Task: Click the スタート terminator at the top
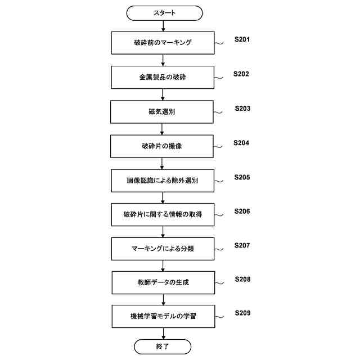click(x=164, y=12)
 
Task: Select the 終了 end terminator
click(x=163, y=346)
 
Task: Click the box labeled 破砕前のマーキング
click(x=163, y=43)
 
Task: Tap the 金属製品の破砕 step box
click(x=163, y=77)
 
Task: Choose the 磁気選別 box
click(x=163, y=112)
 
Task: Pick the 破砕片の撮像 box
click(x=163, y=146)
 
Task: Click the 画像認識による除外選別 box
click(x=163, y=181)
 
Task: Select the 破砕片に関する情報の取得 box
click(x=163, y=214)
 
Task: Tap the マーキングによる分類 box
click(x=163, y=249)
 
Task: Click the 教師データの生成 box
click(x=163, y=282)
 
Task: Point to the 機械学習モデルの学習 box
click(x=163, y=317)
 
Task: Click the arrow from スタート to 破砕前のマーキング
click(x=163, y=25)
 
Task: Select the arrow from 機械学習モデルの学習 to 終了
click(x=163, y=334)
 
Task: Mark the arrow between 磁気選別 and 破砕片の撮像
click(x=163, y=129)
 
